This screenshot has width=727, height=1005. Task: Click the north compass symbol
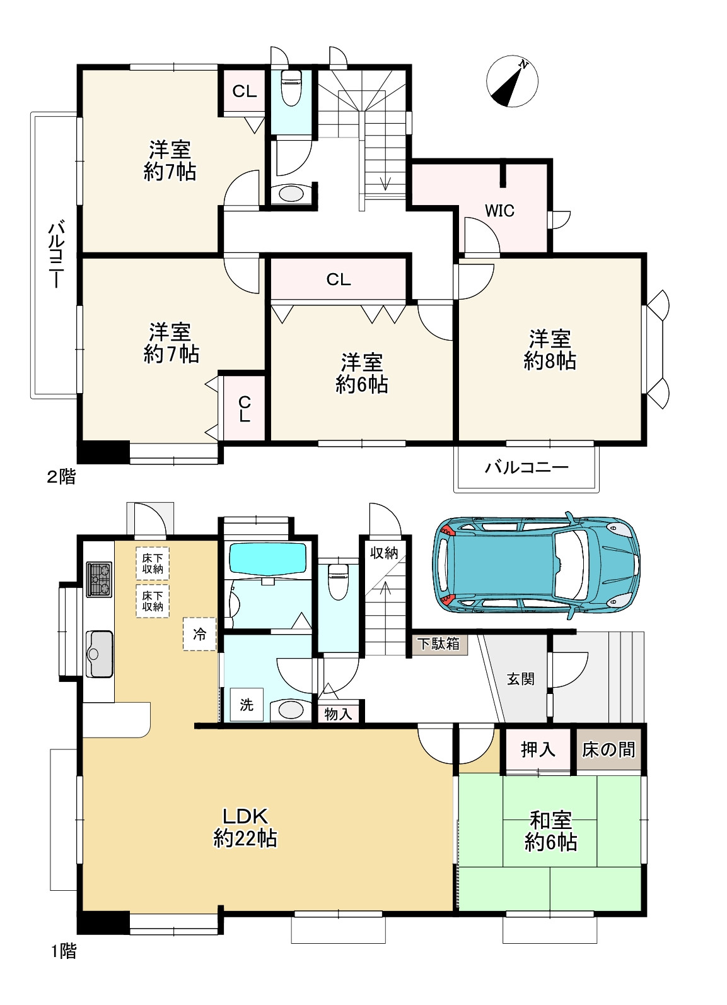point(512,82)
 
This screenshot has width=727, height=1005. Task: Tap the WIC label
point(499,211)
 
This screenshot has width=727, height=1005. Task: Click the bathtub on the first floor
point(268,558)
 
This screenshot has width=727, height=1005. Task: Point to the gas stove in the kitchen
point(99,579)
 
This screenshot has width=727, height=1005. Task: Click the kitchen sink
point(99,654)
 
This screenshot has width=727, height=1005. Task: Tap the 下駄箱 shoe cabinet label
point(439,644)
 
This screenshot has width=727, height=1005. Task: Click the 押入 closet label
point(538,749)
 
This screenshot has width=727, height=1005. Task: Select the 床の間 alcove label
point(608,749)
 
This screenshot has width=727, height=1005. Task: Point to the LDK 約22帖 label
point(245,827)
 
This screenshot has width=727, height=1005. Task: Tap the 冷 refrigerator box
point(200,634)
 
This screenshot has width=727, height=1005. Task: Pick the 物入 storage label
point(338,714)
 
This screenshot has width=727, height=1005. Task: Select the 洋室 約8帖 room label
point(550,350)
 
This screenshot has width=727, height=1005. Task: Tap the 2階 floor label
point(61,476)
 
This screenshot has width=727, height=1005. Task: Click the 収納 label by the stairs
point(384,553)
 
